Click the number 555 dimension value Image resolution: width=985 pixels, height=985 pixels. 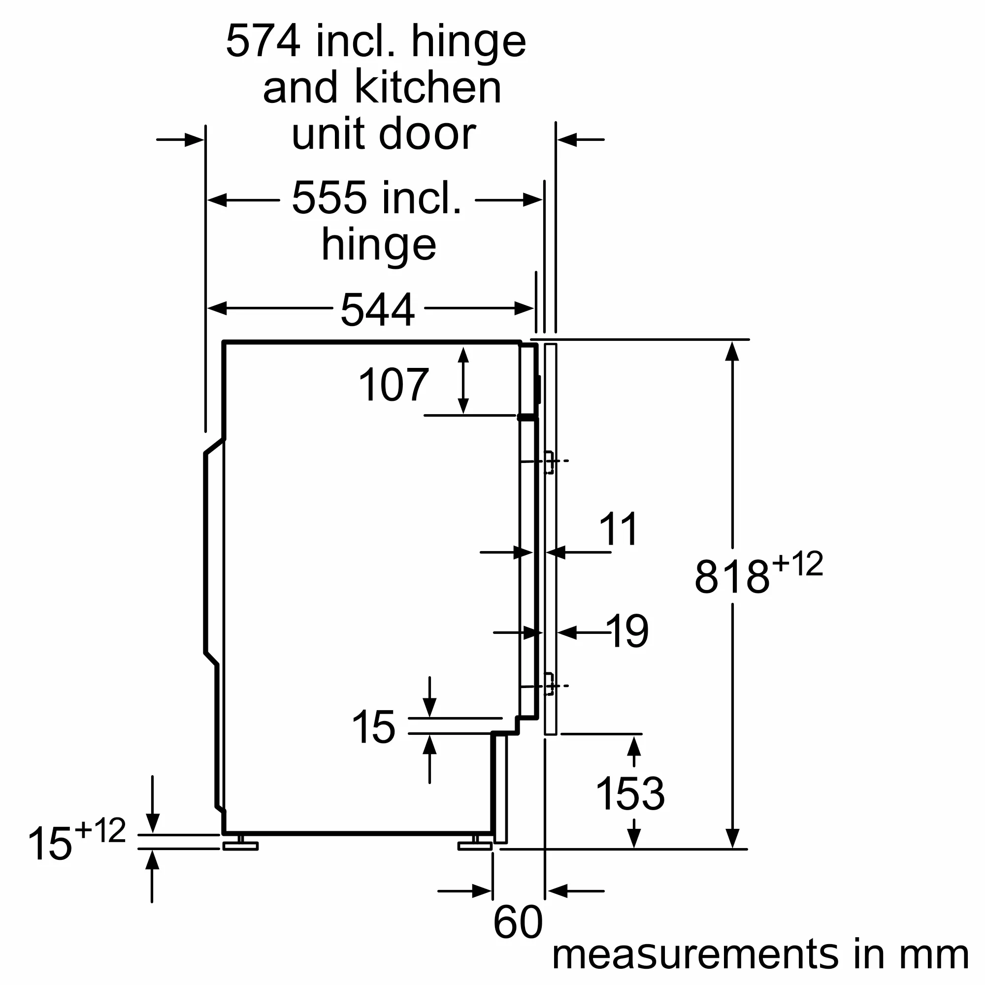pyautogui.click(x=328, y=198)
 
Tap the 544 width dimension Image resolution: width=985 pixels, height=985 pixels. pyautogui.click(x=377, y=310)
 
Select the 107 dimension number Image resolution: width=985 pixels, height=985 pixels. pyautogui.click(x=394, y=386)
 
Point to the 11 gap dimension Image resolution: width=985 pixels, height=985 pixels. pyautogui.click(x=619, y=529)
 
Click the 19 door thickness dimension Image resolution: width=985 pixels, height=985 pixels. pyautogui.click(x=627, y=632)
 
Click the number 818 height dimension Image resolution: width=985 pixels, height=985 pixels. pyautogui.click(x=732, y=577)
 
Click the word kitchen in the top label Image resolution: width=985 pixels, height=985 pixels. pyautogui.click(x=428, y=88)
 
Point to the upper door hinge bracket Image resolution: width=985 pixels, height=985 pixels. pyautogui.click(x=549, y=462)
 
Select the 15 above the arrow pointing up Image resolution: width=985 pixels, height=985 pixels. pyautogui.click(x=373, y=727)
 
